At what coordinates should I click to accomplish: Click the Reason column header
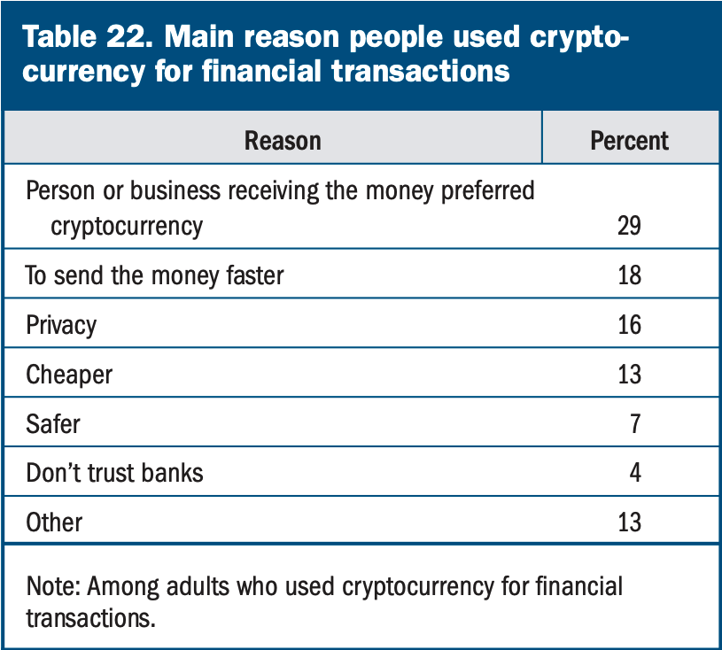(283, 141)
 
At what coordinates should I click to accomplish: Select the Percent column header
(629, 141)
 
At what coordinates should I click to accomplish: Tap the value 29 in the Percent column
(629, 226)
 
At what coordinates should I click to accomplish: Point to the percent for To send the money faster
(629, 275)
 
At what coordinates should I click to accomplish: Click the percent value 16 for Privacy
(629, 325)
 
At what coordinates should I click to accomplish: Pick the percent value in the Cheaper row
(629, 375)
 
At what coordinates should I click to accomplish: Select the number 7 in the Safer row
(634, 423)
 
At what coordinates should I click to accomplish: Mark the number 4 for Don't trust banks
(634, 473)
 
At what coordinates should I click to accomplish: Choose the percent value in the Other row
(629, 522)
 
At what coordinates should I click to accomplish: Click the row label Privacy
(61, 325)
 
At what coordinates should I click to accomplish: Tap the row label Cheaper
(69, 375)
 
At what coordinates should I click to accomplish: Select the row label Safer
(53, 423)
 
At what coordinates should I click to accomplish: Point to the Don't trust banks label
(114, 473)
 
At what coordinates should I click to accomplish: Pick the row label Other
(55, 522)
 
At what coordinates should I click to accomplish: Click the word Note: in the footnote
(54, 586)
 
